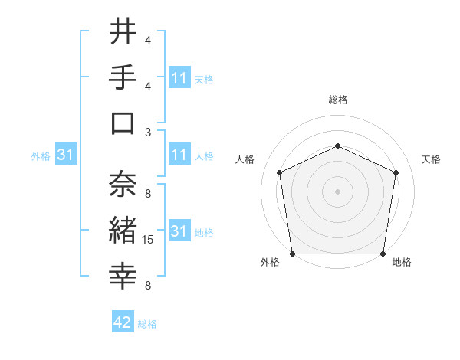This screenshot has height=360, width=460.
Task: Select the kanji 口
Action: (x=123, y=122)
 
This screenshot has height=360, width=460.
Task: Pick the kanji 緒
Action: (x=123, y=228)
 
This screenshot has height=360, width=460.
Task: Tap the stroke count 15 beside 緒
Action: (x=149, y=241)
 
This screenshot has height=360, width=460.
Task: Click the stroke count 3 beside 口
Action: (x=148, y=132)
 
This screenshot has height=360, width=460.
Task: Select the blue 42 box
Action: (x=123, y=323)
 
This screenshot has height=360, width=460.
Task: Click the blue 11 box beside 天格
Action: (x=179, y=78)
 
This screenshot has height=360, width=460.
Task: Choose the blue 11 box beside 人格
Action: (x=179, y=155)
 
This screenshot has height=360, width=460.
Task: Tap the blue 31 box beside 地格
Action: (x=179, y=231)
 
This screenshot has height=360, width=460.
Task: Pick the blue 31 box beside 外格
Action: (x=66, y=155)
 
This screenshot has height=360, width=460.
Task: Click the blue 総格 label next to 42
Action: (x=147, y=324)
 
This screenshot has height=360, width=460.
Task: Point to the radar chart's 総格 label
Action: (x=337, y=100)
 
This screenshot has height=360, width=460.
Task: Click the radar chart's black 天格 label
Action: (x=431, y=159)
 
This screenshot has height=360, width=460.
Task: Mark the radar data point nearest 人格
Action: (x=280, y=172)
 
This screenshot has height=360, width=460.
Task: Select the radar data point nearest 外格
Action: (x=292, y=254)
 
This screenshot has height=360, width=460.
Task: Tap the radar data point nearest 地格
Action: (x=383, y=254)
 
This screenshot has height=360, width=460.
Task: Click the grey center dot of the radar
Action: (x=337, y=191)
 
